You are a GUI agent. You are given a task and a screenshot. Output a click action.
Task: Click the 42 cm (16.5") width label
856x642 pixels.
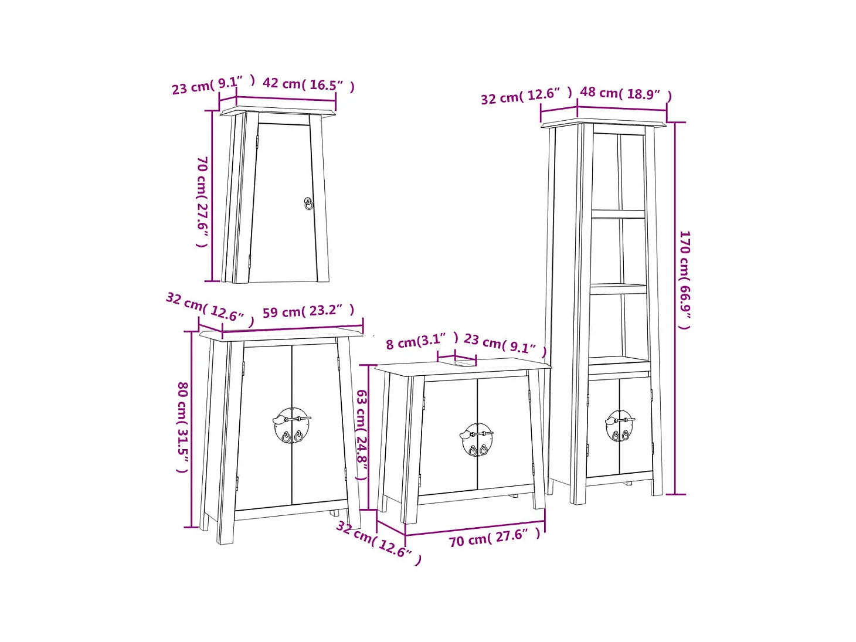tap(308, 84)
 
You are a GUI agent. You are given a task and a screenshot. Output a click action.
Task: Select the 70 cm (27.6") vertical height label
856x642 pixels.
tap(202, 202)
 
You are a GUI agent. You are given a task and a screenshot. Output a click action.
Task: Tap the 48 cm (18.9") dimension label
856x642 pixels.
tap(626, 94)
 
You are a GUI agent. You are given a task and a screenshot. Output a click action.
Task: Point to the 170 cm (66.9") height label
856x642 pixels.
tap(685, 280)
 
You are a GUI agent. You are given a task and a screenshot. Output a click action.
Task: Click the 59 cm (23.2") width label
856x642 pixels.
tap(308, 311)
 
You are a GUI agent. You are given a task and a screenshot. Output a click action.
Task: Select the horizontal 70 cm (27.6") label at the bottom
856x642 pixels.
tap(494, 538)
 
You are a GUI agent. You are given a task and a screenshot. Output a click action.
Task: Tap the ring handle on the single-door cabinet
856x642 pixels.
tap(308, 203)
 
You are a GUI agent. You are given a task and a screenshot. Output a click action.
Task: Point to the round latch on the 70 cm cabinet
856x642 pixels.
tap(476, 439)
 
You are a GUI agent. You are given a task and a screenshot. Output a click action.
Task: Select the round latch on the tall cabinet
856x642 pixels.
tap(619, 426)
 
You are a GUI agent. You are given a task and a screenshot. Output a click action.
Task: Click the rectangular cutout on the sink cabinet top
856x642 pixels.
tap(466, 363)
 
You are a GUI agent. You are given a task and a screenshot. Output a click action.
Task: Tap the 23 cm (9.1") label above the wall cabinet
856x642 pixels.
tap(213, 85)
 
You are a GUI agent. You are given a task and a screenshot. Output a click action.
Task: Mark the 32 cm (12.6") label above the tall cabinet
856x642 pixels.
tap(526, 96)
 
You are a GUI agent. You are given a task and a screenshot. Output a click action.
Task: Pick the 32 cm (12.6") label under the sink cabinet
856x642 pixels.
tap(379, 543)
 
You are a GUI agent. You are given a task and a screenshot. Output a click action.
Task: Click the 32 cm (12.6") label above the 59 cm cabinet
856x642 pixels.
tap(210, 309)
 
